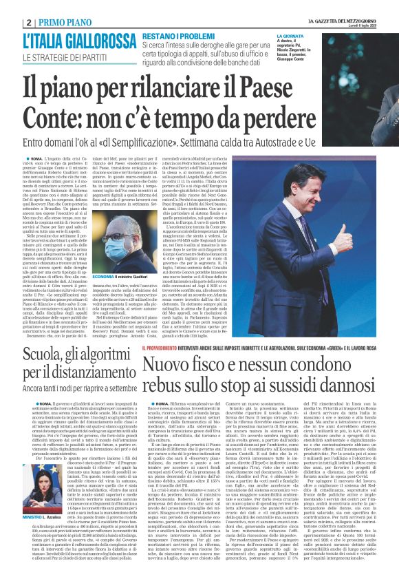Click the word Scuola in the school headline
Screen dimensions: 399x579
click(x=41, y=355)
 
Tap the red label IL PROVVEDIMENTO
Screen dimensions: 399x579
click(x=163, y=348)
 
